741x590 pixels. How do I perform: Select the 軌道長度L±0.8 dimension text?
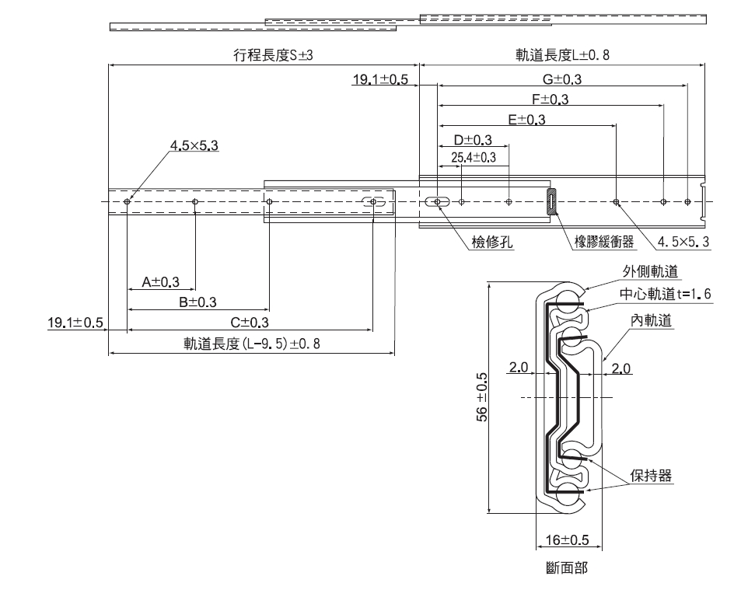[x=563, y=55]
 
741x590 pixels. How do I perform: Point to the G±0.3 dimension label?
[x=562, y=79]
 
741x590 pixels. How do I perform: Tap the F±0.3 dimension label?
[x=550, y=99]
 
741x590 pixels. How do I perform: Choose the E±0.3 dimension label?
[x=526, y=120]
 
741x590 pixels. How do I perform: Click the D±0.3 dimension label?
[x=473, y=140]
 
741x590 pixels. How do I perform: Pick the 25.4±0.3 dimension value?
[x=474, y=158]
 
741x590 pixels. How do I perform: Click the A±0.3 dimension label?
[x=161, y=281]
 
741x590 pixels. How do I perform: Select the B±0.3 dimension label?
[x=197, y=302]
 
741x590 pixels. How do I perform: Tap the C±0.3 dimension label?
[x=250, y=322]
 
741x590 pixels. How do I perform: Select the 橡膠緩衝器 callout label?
[x=603, y=242]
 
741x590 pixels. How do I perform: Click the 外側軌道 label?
[x=650, y=271]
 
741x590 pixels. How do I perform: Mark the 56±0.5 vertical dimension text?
[x=481, y=397]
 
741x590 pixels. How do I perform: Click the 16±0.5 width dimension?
[x=567, y=540]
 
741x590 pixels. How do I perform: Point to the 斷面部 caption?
[x=567, y=568]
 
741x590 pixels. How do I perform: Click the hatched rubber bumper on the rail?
[x=551, y=201]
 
